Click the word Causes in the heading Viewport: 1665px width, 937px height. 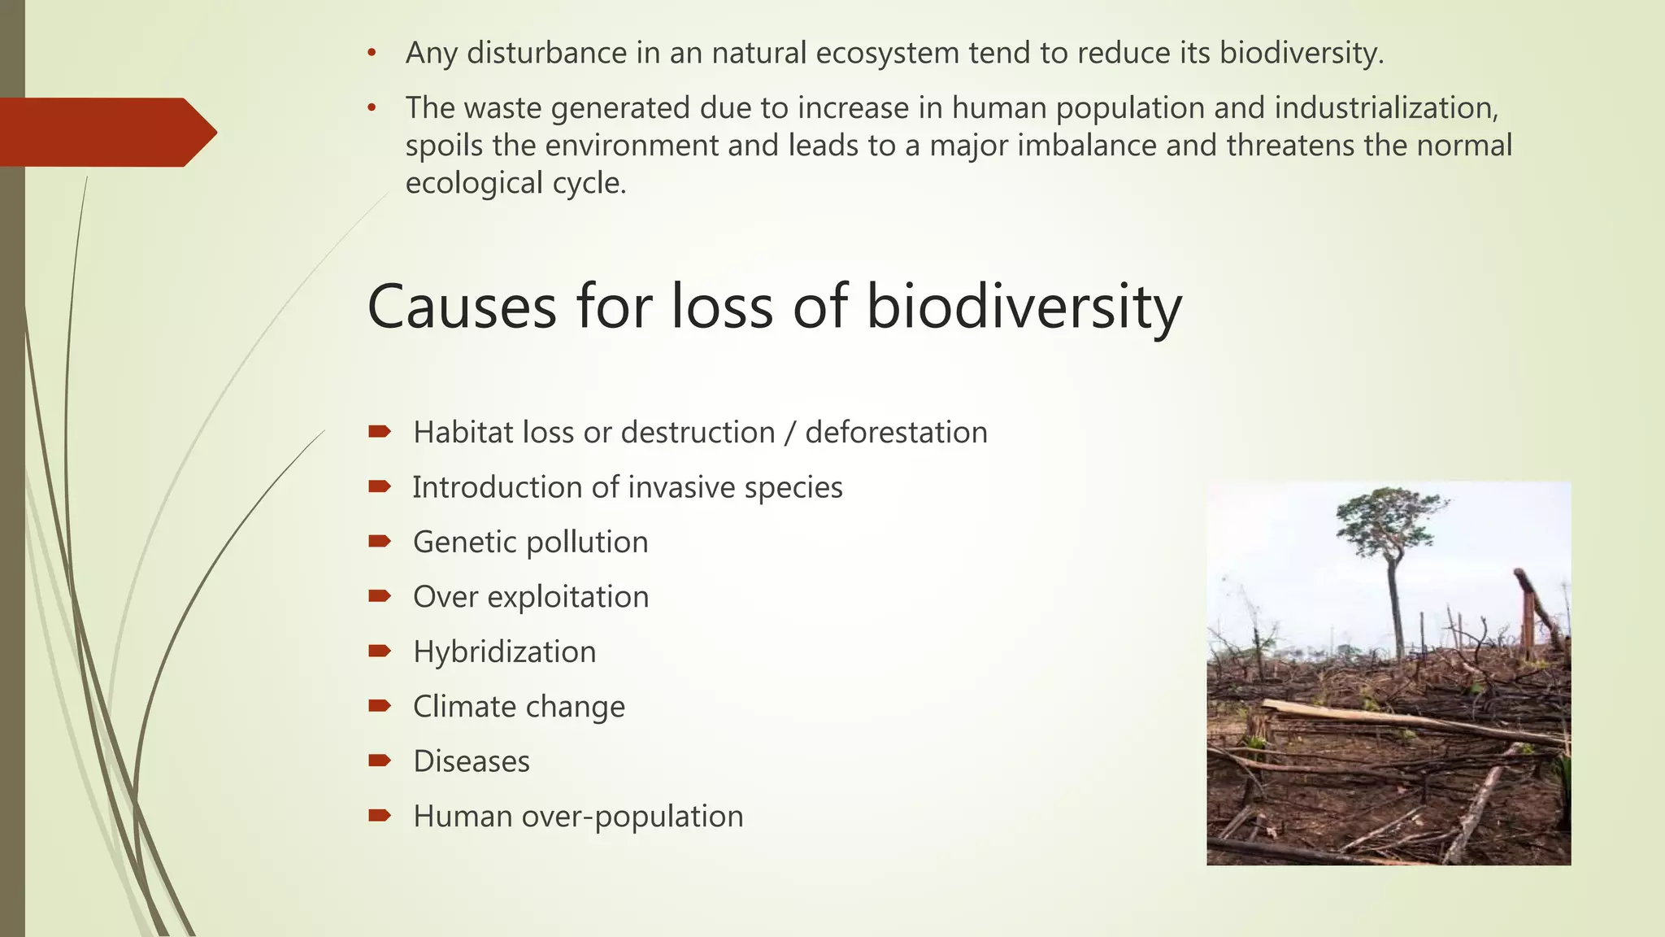point(462,307)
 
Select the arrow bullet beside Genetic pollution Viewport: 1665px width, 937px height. point(380,542)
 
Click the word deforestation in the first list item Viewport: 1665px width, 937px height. point(896,433)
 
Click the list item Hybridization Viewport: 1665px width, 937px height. point(504,652)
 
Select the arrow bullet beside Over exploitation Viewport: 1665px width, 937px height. point(380,597)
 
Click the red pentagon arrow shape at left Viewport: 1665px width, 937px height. point(106,133)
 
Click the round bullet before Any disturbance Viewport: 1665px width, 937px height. point(372,54)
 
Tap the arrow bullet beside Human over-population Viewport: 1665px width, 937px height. point(380,816)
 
